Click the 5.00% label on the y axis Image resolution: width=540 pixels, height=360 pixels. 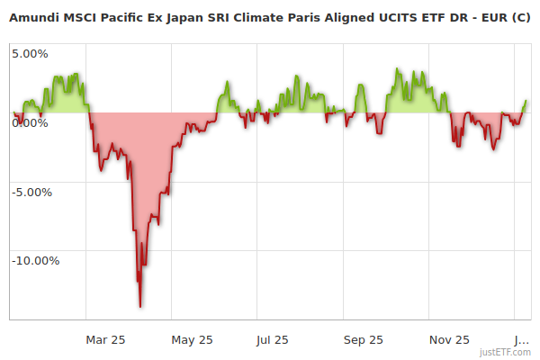coord(30,53)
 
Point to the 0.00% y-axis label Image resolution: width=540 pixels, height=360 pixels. coord(30,122)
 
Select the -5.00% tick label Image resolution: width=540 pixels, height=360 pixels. coord(32,192)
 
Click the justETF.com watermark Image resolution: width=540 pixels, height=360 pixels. coord(505,352)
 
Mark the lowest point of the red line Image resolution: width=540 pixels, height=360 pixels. coord(140,307)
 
